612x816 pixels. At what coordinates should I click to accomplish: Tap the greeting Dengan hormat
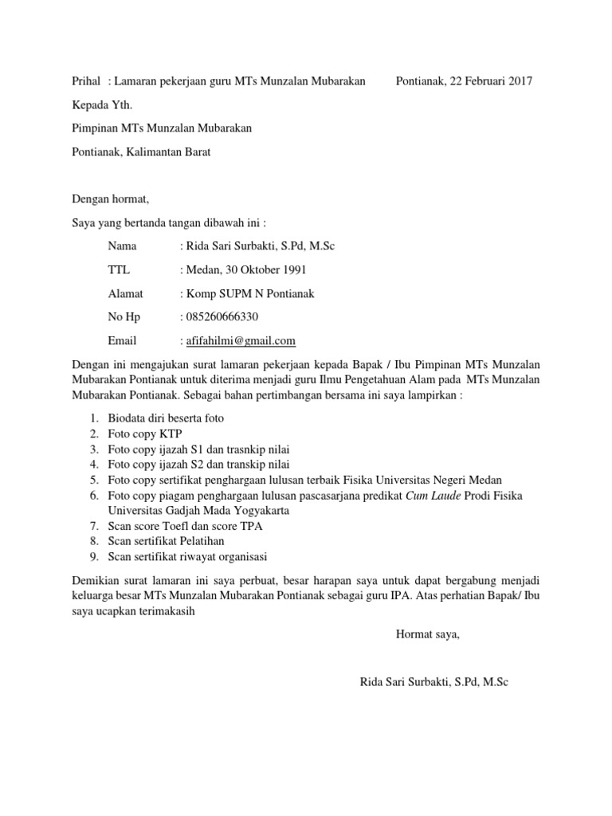[111, 198]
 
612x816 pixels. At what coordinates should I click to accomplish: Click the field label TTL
[119, 270]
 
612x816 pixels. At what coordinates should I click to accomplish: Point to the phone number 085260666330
[222, 317]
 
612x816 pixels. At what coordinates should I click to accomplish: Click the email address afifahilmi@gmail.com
[240, 341]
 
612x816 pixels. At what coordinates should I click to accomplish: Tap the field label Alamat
[125, 294]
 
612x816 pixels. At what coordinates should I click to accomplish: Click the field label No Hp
[124, 317]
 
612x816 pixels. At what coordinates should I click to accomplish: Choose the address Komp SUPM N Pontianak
[249, 294]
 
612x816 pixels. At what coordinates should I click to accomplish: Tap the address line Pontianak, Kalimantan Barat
[141, 151]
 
